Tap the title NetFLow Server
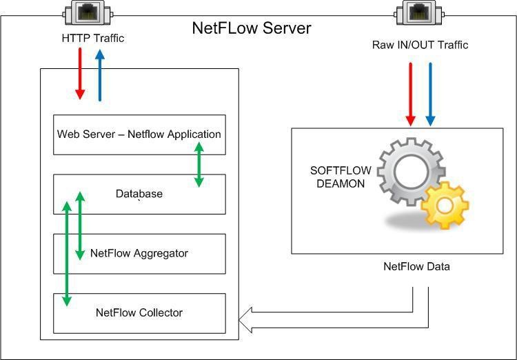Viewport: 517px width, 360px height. pyautogui.click(x=251, y=29)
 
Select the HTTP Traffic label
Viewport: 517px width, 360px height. pyautogui.click(x=92, y=39)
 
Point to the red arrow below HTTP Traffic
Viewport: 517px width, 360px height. pyautogui.click(x=80, y=74)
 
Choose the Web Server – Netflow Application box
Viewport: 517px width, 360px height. pyautogui.click(x=139, y=134)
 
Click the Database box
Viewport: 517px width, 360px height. pyautogui.click(x=139, y=194)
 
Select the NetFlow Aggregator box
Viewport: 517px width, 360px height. pyautogui.click(x=139, y=253)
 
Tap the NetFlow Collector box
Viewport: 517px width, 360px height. pyautogui.click(x=139, y=312)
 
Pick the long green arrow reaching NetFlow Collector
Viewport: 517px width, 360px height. pyautogui.click(x=67, y=252)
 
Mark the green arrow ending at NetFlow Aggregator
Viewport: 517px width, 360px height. pyautogui.click(x=80, y=225)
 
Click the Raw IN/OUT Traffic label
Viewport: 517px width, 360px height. pyautogui.click(x=420, y=45)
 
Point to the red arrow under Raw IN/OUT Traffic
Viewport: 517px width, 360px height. pyautogui.click(x=412, y=94)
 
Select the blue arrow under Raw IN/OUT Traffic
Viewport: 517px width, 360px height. pyautogui.click(x=431, y=94)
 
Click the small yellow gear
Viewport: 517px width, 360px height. pyautogui.click(x=445, y=205)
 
